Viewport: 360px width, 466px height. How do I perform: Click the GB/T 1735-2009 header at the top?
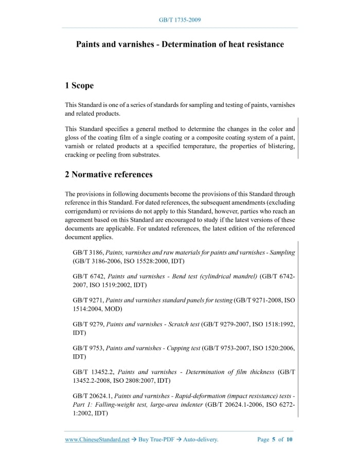pyautogui.click(x=179, y=20)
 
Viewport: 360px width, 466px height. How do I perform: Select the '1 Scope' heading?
pyautogui.click(x=79, y=85)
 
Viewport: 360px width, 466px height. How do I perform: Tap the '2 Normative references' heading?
pyautogui.click(x=109, y=174)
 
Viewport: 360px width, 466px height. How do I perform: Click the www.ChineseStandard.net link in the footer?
pyautogui.click(x=97, y=440)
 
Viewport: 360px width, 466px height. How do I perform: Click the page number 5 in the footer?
pyautogui.click(x=274, y=440)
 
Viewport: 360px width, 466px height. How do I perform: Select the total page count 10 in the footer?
pyautogui.click(x=290, y=440)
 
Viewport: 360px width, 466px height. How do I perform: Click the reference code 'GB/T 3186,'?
pyautogui.click(x=88, y=253)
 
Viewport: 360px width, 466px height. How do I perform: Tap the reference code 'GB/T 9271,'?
pyautogui.click(x=88, y=300)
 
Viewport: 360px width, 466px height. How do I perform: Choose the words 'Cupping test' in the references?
pyautogui.click(x=182, y=348)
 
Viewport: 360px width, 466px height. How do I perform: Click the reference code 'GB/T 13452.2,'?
pyautogui.click(x=94, y=372)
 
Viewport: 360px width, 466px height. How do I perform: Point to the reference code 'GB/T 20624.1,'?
pyautogui.click(x=93, y=396)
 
